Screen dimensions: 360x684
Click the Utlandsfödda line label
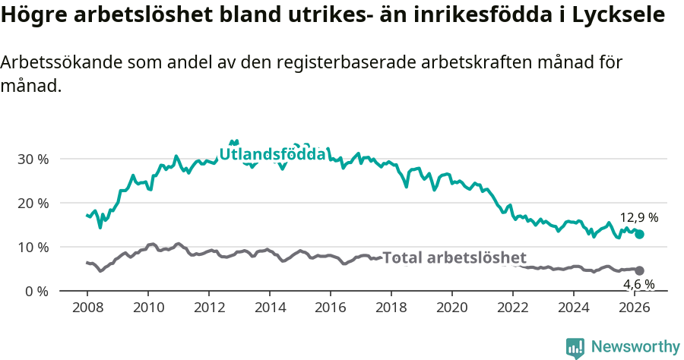click(x=273, y=154)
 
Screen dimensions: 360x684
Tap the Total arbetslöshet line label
click(x=454, y=257)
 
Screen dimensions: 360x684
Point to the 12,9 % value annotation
click(x=638, y=217)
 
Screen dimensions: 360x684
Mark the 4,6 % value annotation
click(x=638, y=284)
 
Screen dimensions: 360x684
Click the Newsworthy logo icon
click(x=575, y=348)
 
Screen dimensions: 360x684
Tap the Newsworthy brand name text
click(x=635, y=347)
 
